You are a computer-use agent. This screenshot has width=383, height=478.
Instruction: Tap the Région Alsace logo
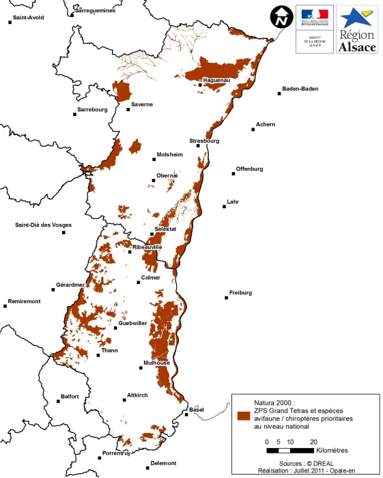[358, 29]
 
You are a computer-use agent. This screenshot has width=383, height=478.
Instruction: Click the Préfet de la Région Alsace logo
[314, 28]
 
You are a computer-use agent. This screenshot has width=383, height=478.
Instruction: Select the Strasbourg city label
[204, 141]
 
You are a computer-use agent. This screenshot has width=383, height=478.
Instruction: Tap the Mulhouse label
[156, 363]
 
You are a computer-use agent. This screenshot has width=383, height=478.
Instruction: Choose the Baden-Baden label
[300, 88]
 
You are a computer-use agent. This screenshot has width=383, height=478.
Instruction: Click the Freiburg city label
[240, 292]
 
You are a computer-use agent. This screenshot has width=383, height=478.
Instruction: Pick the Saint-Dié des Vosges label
[43, 225]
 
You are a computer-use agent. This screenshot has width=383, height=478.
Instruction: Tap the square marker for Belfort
[57, 402]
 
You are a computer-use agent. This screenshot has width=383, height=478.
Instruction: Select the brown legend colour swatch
[243, 415]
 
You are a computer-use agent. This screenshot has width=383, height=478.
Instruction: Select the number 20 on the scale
[313, 442]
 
